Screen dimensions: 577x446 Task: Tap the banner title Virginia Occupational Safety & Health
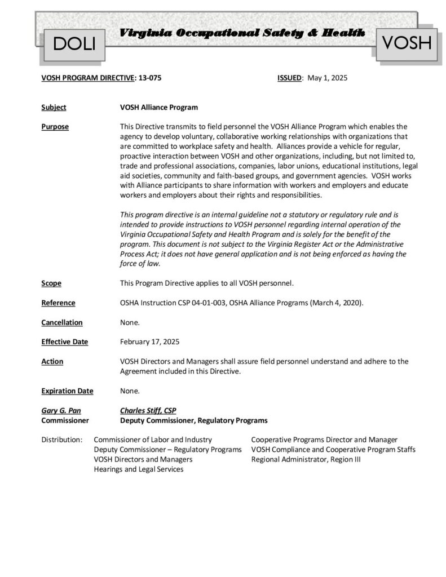pos(242,33)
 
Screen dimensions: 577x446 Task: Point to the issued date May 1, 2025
pos(328,78)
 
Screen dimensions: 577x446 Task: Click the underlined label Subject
pos(54,107)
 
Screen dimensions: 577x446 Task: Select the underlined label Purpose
pos(55,127)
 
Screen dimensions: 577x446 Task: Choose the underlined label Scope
pos(51,283)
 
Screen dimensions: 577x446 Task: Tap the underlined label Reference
pos(58,303)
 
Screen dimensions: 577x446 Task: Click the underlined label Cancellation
pos(62,322)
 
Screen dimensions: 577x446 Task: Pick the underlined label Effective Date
pos(64,341)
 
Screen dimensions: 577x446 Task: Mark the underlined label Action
pos(52,361)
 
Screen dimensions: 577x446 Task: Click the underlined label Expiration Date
pos(67,390)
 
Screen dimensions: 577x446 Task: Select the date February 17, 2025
pos(150,341)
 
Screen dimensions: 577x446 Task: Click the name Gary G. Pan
pos(61,411)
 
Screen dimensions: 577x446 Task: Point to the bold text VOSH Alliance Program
pos(159,107)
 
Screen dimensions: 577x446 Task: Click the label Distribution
pos(62,440)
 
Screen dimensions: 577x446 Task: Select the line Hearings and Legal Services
pos(138,469)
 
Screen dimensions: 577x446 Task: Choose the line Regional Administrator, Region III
pos(306,459)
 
